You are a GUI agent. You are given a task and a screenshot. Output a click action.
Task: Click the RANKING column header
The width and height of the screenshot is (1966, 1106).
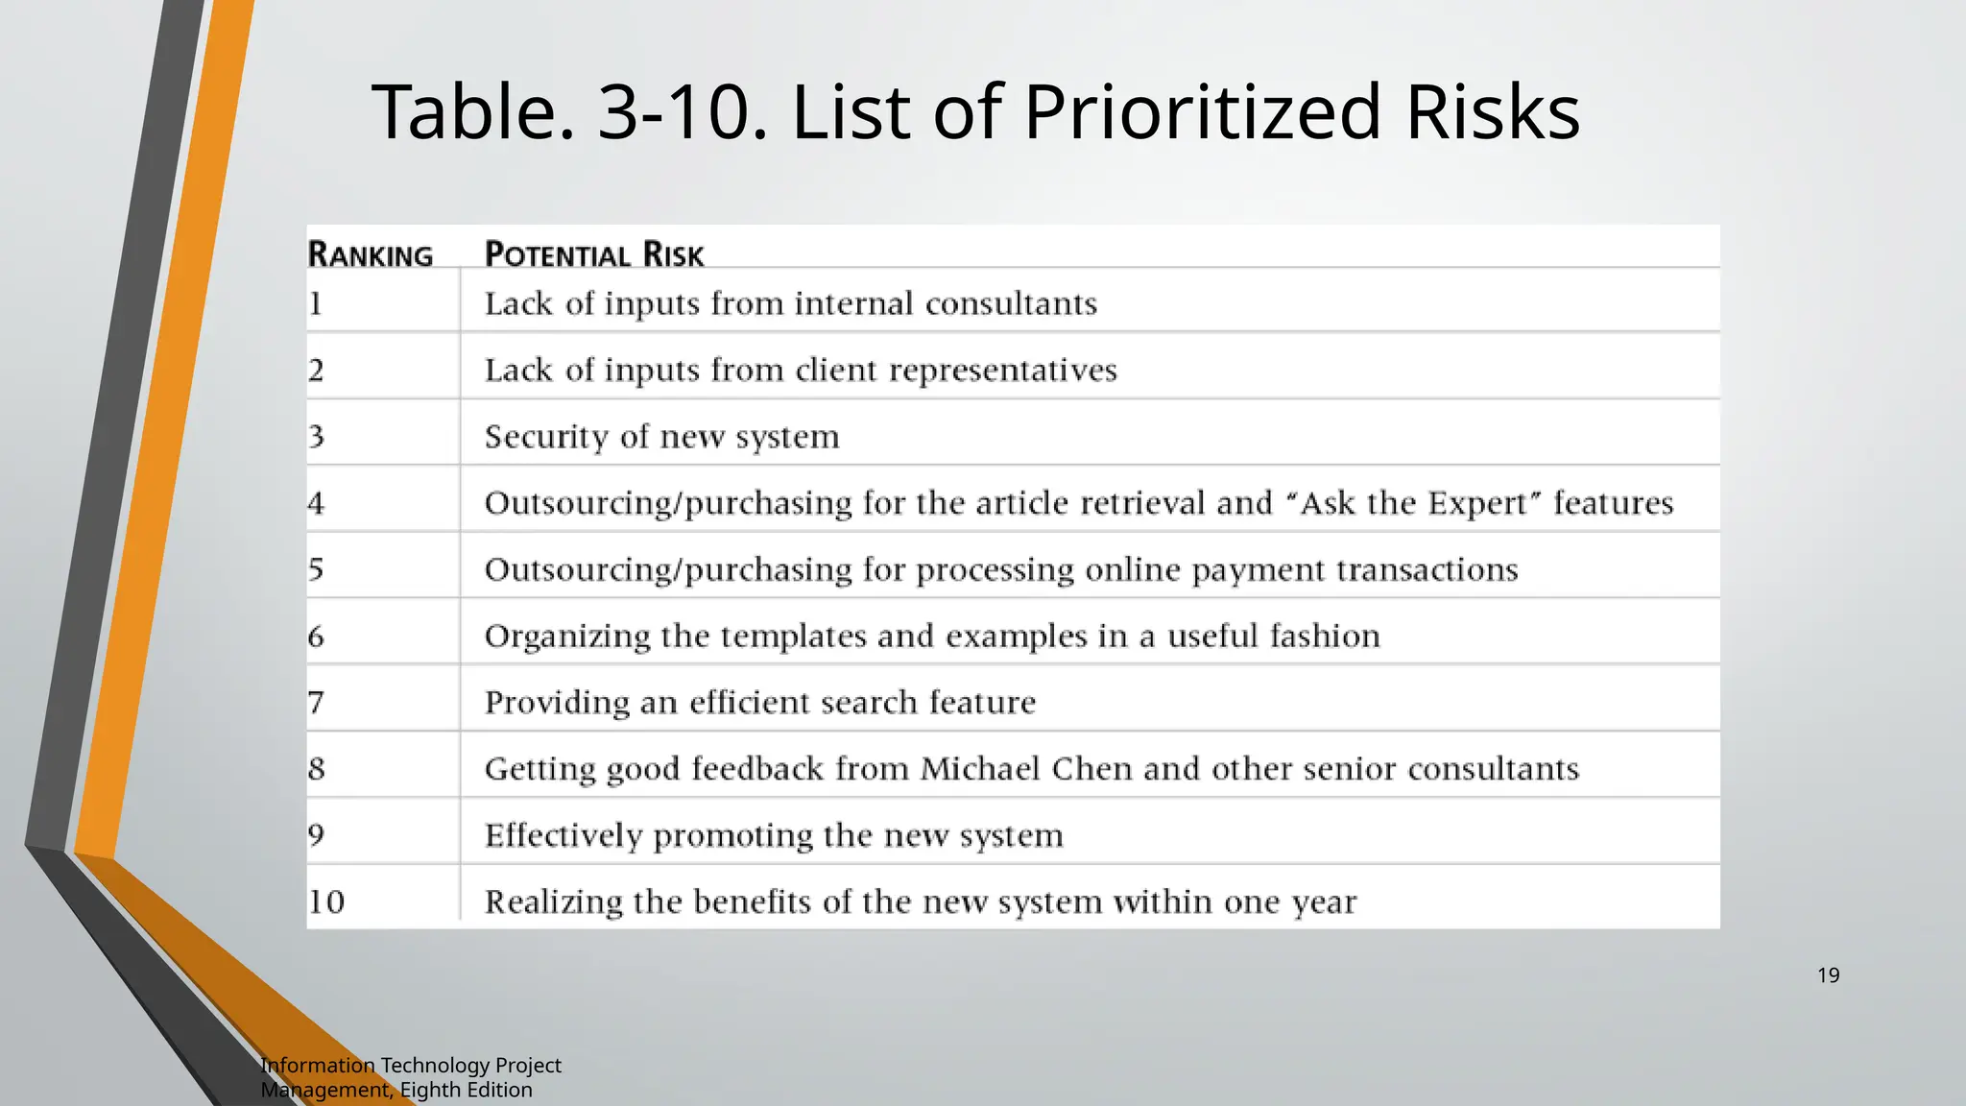click(371, 254)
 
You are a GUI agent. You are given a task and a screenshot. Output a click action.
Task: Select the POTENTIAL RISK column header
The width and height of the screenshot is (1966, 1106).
click(594, 254)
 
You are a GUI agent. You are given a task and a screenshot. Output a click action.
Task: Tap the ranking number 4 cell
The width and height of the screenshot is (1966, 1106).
click(317, 503)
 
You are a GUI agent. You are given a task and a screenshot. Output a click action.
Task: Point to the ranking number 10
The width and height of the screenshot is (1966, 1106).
click(326, 902)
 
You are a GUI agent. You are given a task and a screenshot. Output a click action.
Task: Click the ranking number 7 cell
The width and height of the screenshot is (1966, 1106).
click(317, 703)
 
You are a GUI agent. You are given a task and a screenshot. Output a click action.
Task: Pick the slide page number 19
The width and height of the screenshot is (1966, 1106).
click(1828, 975)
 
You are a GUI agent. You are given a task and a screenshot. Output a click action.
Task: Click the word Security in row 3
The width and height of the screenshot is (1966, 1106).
click(546, 437)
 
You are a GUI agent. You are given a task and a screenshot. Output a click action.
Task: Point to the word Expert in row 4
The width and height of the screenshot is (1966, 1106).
click(1476, 503)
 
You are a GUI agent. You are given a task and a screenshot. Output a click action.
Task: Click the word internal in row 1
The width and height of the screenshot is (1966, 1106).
click(853, 303)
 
